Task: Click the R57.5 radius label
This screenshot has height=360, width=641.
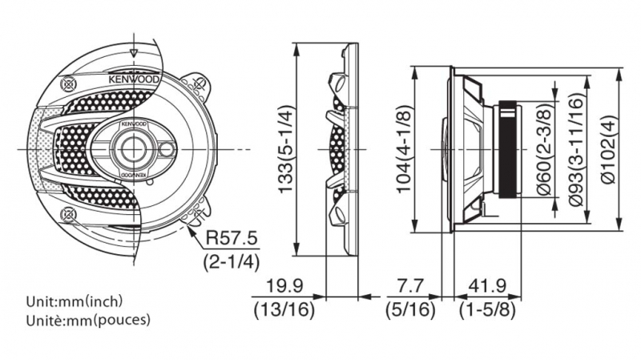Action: (232, 238)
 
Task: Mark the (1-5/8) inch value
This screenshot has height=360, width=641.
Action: (487, 308)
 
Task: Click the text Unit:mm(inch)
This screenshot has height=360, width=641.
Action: (74, 302)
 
